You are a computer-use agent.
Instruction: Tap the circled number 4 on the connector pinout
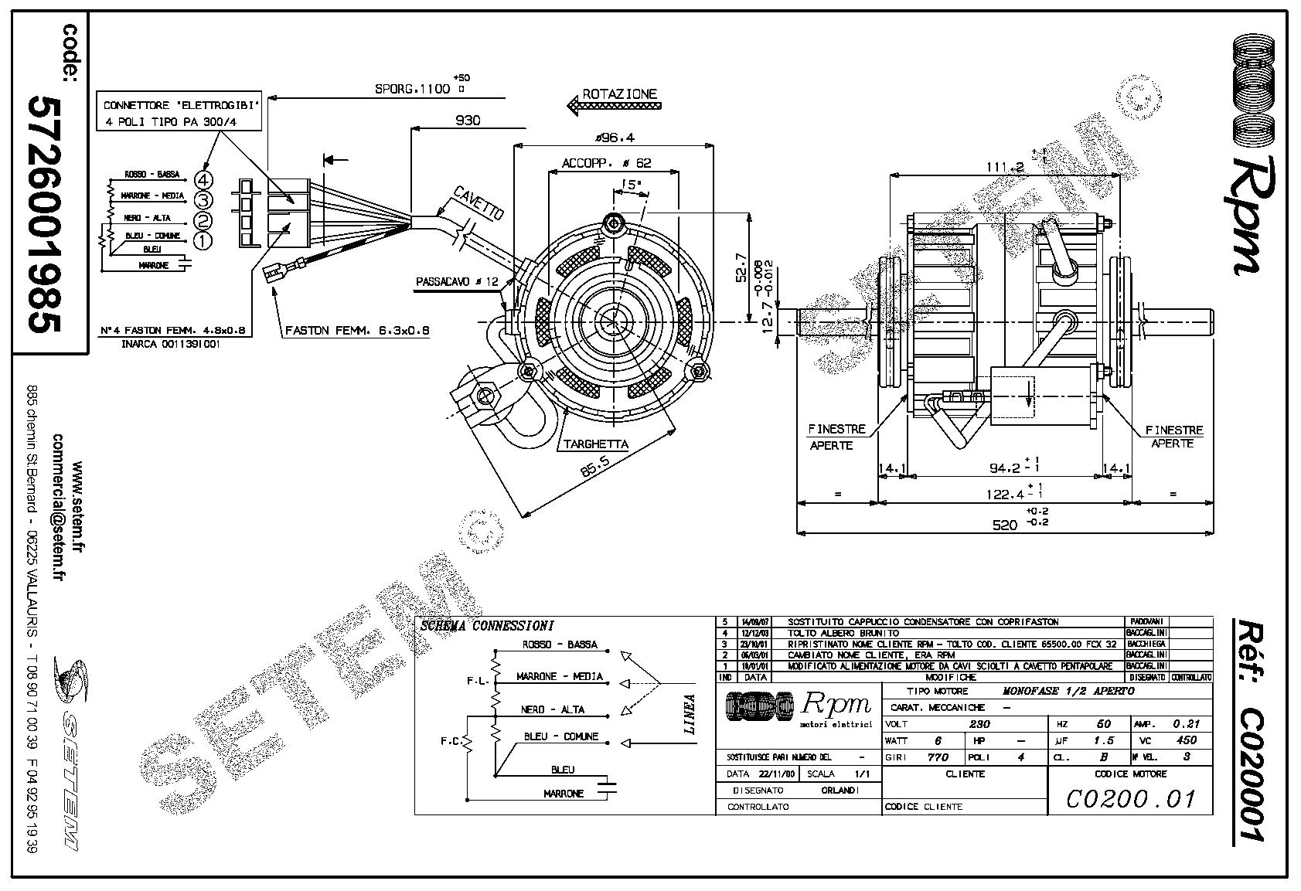tap(203, 181)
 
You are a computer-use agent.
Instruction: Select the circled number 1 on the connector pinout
tap(203, 241)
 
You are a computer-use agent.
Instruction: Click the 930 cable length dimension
tap(468, 120)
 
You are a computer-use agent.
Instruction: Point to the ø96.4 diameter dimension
tap(615, 138)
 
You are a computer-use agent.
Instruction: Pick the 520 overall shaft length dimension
tap(1005, 525)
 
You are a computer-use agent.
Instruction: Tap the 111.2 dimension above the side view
tap(1005, 166)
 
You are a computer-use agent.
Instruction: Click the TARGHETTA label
tap(596, 444)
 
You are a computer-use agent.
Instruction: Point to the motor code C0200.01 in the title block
tap(1130, 798)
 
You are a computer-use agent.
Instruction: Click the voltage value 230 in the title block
tap(979, 724)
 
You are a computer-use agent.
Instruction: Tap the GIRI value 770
tap(937, 757)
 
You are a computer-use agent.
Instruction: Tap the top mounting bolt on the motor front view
tap(615, 224)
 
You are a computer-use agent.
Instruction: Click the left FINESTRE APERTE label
tap(836, 437)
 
